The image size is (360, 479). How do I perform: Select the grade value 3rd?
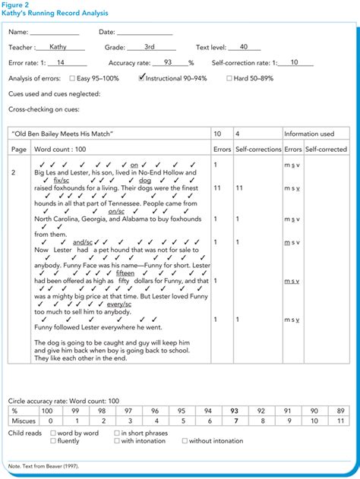coord(150,46)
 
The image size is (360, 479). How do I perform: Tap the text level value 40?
coord(243,46)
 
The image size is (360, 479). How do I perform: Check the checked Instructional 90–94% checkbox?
coord(143,77)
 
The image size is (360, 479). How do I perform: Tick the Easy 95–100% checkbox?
coord(72,78)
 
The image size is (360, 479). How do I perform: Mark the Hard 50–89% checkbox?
coord(229,78)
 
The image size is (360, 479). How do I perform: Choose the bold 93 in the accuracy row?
coord(235,411)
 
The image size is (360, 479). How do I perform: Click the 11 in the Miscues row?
coord(340,421)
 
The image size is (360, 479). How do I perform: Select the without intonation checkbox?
coord(185,440)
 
